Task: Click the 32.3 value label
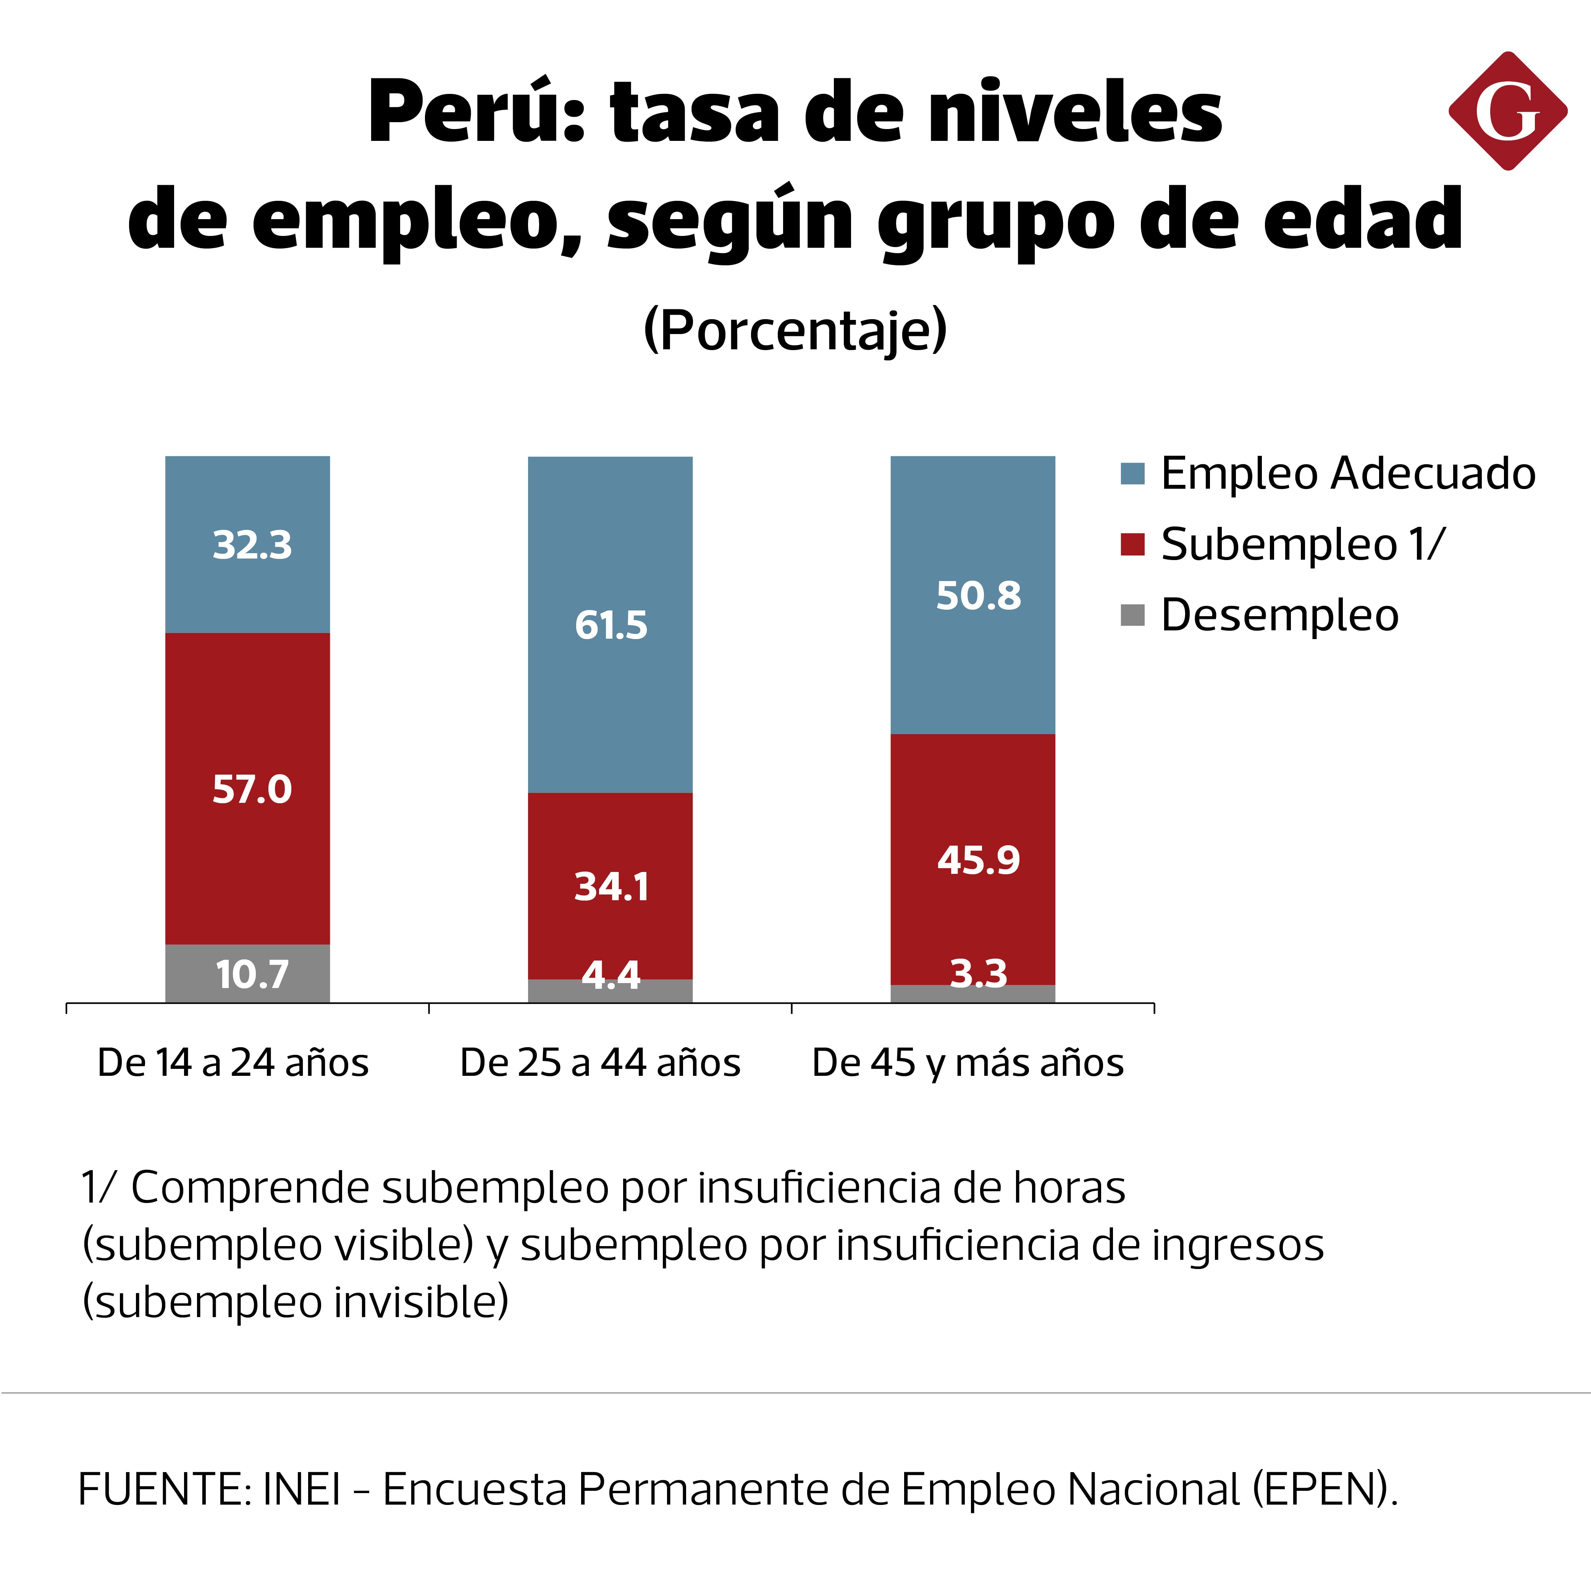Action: pyautogui.click(x=252, y=545)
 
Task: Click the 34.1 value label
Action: pyautogui.click(x=611, y=886)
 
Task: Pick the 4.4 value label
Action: pyautogui.click(x=611, y=975)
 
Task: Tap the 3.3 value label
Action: pyautogui.click(x=978, y=974)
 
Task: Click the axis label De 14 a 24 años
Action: pyautogui.click(x=233, y=1062)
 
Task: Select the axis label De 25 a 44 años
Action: pyautogui.click(x=600, y=1062)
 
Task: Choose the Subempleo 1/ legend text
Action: pyautogui.click(x=1303, y=544)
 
